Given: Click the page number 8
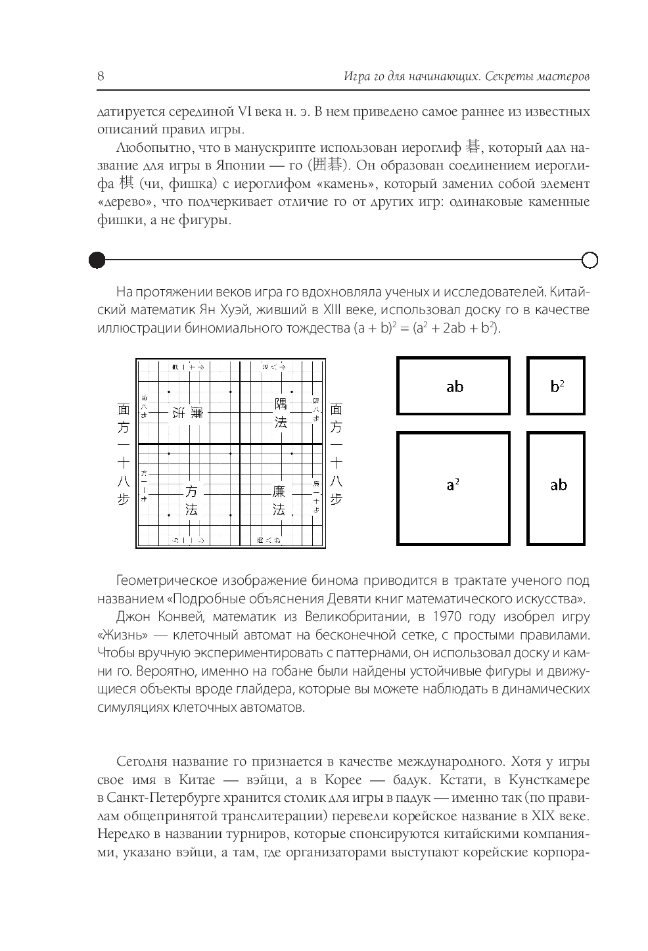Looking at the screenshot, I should click(x=101, y=76).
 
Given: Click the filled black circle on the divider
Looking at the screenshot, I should click(x=97, y=260).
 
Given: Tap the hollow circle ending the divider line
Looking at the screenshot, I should click(x=590, y=260).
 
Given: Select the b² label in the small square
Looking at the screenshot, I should click(x=557, y=386).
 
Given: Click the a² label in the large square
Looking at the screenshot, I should click(x=453, y=485).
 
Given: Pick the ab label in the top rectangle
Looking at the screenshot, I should click(x=454, y=386).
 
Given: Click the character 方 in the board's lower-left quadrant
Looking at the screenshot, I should click(x=191, y=491).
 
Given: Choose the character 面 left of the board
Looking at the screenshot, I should click(x=124, y=409).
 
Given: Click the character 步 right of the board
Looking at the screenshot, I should click(x=336, y=499).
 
